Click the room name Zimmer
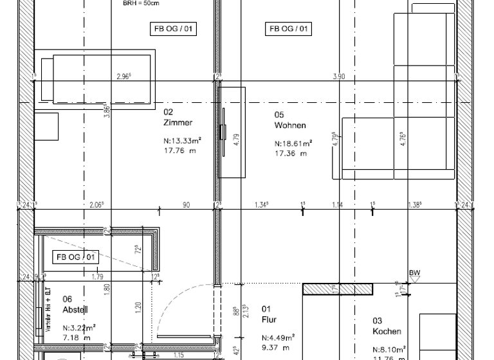179,122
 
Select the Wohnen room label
290,125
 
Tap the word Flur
268,319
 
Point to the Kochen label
387,332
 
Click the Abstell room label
75,309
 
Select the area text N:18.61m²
293,143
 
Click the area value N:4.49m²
278,337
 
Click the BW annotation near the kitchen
415,273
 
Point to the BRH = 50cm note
141,3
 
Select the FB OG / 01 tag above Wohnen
289,28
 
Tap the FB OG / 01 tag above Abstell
76,257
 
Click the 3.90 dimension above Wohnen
338,76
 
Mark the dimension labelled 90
186,205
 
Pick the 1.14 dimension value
338,205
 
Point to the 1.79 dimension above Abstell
98,277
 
